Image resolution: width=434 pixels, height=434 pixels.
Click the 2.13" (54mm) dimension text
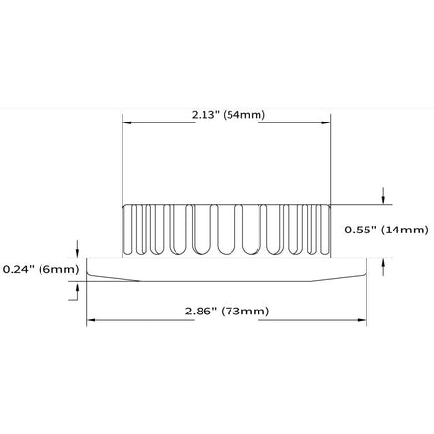pos(229,115)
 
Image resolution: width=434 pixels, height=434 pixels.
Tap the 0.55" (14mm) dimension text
pos(387,230)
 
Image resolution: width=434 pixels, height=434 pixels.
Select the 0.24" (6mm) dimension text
pos(41,269)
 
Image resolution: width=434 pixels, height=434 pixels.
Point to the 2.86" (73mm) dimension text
pos(227,311)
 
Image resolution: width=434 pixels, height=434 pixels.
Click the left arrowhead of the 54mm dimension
pos(127,122)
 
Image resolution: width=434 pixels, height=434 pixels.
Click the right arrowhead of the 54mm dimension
pos(326,122)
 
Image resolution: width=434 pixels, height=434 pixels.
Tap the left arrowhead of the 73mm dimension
pos(91,320)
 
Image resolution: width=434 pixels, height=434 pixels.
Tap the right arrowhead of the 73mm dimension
pos(362,320)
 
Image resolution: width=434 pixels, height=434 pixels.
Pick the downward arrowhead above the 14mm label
pos(383,201)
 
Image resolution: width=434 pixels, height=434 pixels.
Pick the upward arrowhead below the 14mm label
pos(383,262)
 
